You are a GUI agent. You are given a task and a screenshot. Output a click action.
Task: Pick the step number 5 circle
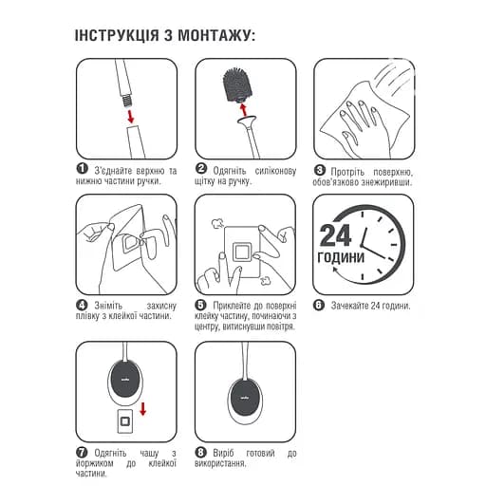[x=201, y=306]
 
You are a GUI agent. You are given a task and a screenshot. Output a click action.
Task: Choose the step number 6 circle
[x=320, y=306]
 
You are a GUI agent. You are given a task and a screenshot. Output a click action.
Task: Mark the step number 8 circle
[x=201, y=453]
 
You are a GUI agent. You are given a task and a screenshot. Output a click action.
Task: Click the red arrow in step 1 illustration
[x=130, y=114]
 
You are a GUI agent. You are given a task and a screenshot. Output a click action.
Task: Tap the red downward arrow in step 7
[x=141, y=408]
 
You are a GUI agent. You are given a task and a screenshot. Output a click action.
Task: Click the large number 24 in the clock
[x=336, y=236]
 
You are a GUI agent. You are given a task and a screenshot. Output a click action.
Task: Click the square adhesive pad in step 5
[x=243, y=252]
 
